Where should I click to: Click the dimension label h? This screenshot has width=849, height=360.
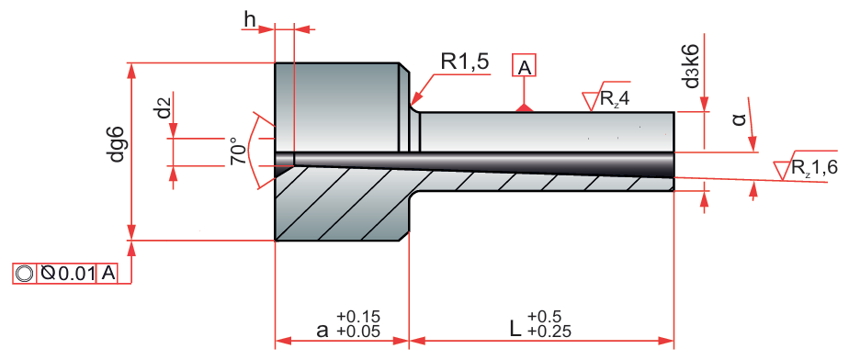click(250, 19)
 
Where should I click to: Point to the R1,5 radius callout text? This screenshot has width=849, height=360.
click(465, 62)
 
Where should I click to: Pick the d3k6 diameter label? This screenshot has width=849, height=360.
click(692, 66)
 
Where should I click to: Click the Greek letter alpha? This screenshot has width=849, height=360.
click(739, 119)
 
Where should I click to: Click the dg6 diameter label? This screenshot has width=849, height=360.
click(118, 144)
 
